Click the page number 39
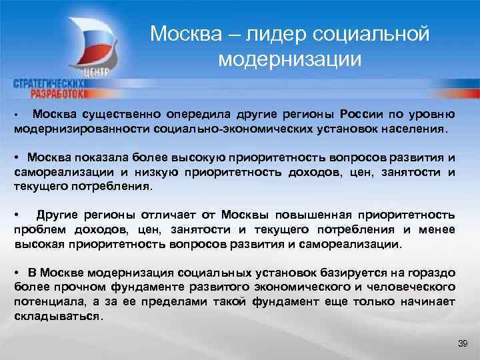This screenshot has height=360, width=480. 463,343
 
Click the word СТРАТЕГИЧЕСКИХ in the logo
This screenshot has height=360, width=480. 47,84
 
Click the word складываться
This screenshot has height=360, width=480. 57,317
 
